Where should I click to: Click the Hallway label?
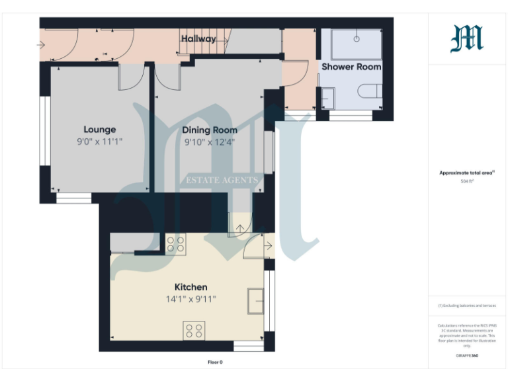[198, 39]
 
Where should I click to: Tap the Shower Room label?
[351, 67]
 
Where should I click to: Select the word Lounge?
[100, 130]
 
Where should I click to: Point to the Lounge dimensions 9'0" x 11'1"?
[100, 142]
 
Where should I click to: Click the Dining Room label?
[210, 130]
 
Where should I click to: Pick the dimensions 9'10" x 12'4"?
[210, 142]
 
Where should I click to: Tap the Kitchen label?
[190, 287]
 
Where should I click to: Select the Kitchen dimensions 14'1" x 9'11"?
[190, 299]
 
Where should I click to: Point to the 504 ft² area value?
[467, 180]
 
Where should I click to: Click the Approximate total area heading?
[466, 173]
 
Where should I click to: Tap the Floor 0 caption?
[215, 362]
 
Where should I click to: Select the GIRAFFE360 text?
[467, 356]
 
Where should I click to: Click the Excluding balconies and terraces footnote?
[467, 306]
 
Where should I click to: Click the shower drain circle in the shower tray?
[357, 38]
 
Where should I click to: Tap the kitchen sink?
[255, 300]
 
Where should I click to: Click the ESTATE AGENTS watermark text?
[221, 180]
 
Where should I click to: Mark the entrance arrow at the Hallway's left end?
[41, 45]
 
